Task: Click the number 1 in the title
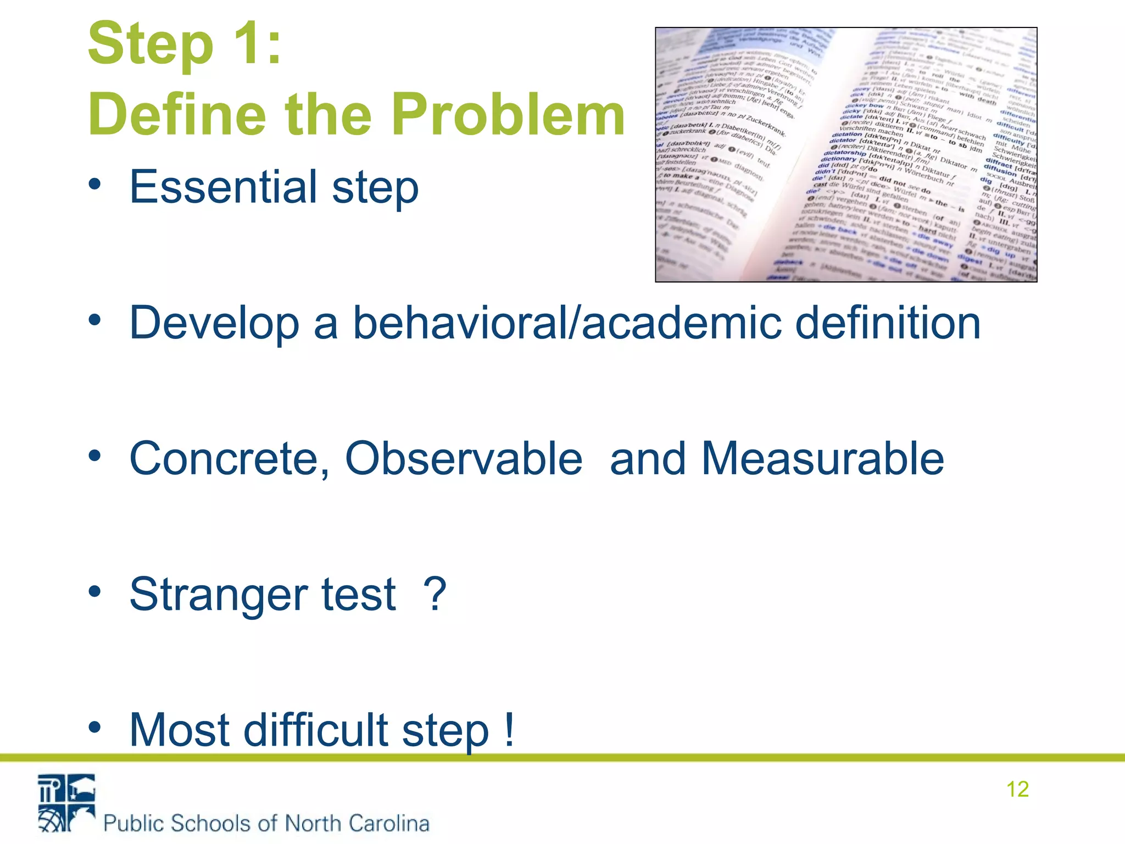click(x=245, y=44)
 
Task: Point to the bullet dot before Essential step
click(x=95, y=185)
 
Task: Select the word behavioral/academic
click(x=566, y=323)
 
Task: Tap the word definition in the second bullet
click(x=887, y=323)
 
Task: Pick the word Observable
click(x=463, y=458)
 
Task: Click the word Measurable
click(x=822, y=458)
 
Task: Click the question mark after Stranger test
click(x=435, y=595)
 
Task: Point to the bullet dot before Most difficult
click(x=95, y=728)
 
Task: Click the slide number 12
click(x=1017, y=789)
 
